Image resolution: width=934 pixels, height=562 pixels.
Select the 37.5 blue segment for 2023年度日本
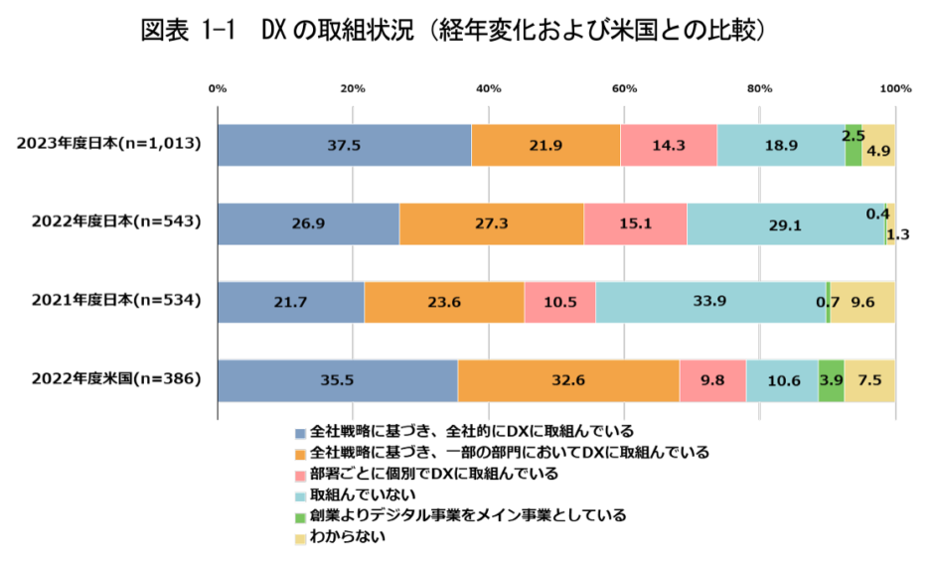pos(344,145)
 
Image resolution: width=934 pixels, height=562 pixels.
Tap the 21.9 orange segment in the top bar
pos(545,145)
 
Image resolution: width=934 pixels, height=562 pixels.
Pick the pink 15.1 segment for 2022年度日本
pos(635,223)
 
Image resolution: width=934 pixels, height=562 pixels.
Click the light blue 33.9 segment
pos(710,302)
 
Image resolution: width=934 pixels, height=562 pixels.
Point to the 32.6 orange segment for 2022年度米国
pos(568,380)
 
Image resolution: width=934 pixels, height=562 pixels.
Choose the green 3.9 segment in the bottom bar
pos(831,380)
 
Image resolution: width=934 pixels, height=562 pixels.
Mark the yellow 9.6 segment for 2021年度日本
pos(862,302)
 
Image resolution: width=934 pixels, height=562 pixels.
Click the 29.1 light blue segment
pos(785,223)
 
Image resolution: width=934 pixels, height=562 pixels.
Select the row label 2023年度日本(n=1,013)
pos(109,144)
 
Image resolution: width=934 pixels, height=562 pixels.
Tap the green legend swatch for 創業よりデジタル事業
pos(300,516)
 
